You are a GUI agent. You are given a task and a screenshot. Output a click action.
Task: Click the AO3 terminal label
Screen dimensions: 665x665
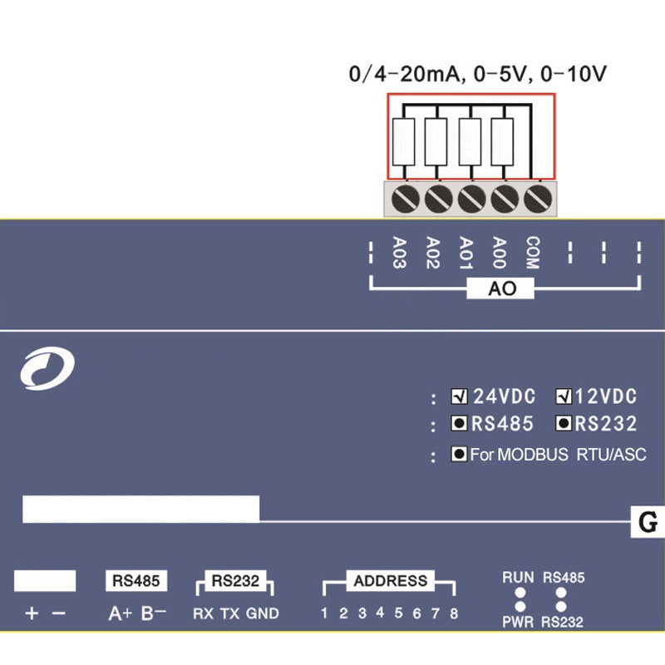tap(399, 254)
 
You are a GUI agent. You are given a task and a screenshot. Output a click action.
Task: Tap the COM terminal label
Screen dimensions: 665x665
tap(533, 254)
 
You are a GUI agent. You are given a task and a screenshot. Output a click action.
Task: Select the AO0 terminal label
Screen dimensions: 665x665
tap(499, 254)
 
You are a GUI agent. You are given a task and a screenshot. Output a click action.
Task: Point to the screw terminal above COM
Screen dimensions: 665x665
tap(539, 199)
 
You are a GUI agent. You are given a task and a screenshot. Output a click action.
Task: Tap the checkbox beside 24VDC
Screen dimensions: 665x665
tap(459, 396)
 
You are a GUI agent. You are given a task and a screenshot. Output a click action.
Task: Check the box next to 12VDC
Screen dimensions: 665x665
tap(564, 396)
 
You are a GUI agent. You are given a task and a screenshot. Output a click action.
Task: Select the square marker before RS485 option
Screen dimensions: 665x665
tap(459, 424)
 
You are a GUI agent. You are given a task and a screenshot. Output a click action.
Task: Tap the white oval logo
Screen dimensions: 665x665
tap(47, 369)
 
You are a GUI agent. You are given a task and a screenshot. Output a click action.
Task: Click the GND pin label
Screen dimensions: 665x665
tap(263, 614)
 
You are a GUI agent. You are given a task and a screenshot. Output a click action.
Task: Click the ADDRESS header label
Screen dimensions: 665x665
tap(390, 581)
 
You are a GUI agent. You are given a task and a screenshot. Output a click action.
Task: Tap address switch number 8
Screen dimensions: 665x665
tap(454, 614)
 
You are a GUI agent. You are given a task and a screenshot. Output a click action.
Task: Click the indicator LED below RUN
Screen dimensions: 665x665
tap(519, 594)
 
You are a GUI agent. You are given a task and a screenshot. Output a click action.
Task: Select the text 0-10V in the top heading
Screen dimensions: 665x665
tap(573, 74)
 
